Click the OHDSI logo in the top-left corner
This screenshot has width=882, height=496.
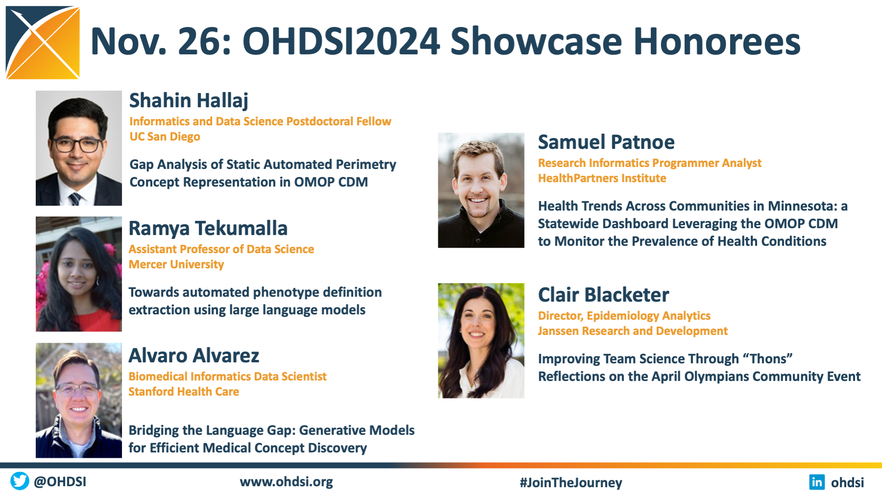(x=43, y=43)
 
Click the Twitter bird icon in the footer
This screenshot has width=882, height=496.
(x=20, y=481)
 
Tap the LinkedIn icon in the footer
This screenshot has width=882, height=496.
(x=817, y=482)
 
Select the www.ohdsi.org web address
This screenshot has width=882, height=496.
(x=286, y=482)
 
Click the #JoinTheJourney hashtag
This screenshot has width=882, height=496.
(x=571, y=483)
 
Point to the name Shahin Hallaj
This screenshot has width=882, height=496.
(x=189, y=100)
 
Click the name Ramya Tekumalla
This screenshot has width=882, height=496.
(x=208, y=228)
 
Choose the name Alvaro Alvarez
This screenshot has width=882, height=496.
(x=194, y=355)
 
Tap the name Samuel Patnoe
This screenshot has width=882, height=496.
(x=606, y=142)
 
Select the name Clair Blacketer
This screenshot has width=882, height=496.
(x=603, y=295)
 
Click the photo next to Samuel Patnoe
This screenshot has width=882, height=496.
(x=481, y=190)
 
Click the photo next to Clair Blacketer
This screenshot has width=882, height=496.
(x=481, y=340)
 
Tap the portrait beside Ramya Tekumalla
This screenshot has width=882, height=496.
(x=79, y=274)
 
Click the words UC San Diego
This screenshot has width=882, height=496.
(x=165, y=137)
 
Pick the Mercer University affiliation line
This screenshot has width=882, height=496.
(x=176, y=264)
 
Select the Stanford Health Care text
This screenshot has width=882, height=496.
(x=184, y=392)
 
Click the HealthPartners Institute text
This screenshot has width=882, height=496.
(x=602, y=178)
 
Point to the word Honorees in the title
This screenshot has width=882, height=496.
(x=716, y=41)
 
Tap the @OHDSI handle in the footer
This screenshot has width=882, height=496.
(x=60, y=482)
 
